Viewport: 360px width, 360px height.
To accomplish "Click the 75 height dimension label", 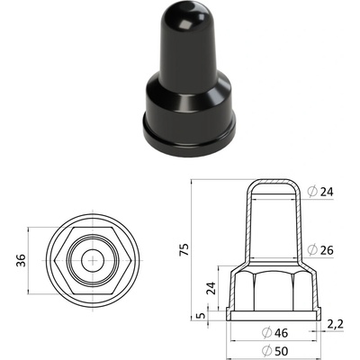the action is tap(185, 249).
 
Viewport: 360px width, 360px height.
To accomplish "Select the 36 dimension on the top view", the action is tap(21, 260).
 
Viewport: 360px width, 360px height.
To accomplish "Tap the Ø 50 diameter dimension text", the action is tap(274, 350).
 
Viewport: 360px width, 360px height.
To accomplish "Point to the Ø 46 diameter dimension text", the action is tap(274, 332).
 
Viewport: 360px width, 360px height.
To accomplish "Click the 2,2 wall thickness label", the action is tap(335, 324).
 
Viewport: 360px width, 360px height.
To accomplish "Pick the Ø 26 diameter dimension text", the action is tap(320, 250).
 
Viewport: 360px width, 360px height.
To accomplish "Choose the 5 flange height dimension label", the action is tap(202, 316).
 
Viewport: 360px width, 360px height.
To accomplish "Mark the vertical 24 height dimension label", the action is tap(211, 289).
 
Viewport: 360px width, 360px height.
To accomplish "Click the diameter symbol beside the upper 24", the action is tap(312, 192).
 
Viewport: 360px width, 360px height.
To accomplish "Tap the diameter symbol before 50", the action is tap(266, 350).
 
